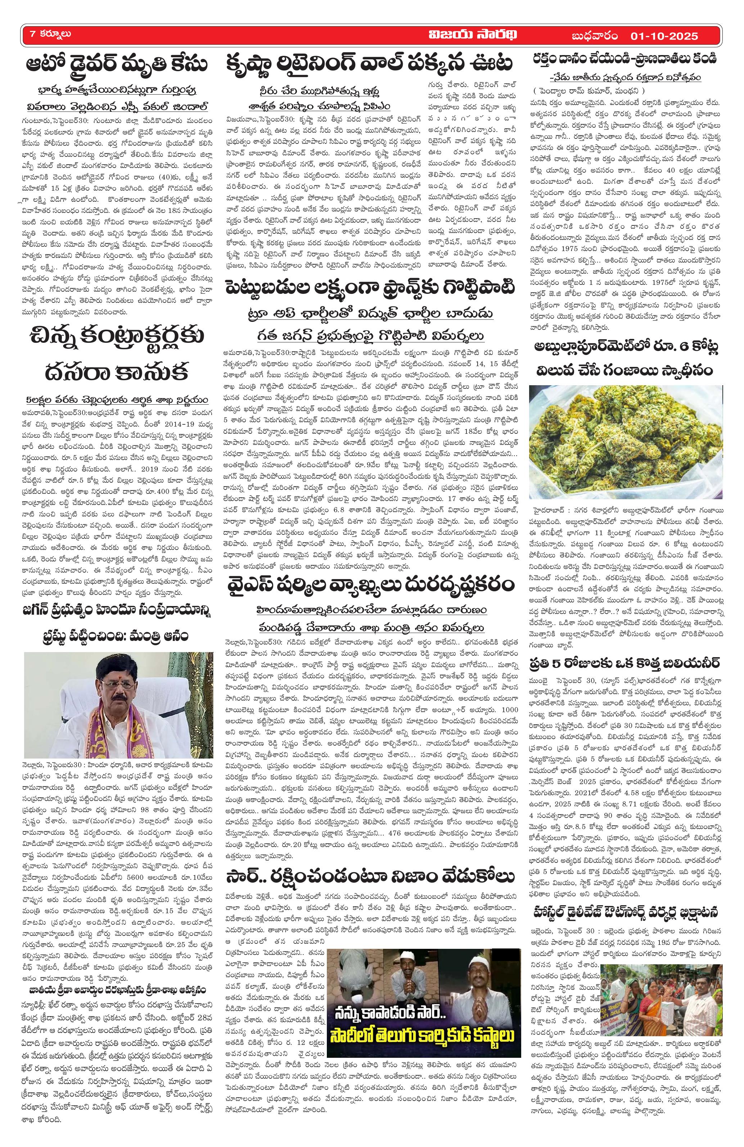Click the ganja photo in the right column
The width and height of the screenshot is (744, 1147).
pyautogui.click(x=625, y=443)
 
